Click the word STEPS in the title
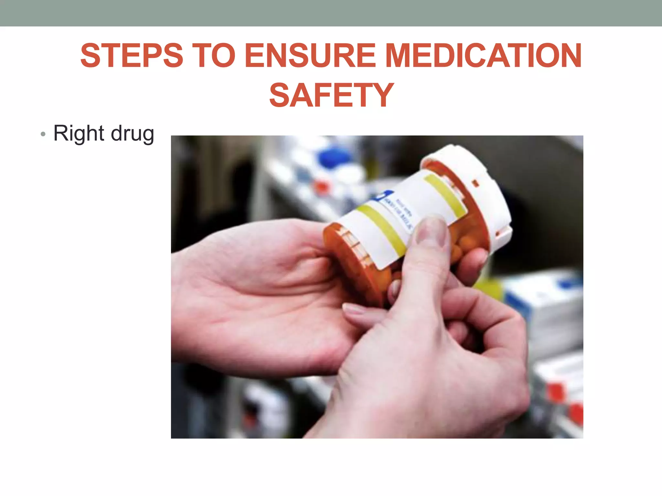[132, 56]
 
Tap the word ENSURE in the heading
[310, 56]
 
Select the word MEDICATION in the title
[483, 56]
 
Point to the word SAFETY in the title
[331, 95]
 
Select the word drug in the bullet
[132, 134]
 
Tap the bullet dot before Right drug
[43, 134]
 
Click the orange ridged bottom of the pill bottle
[349, 255]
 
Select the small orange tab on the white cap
[475, 184]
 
